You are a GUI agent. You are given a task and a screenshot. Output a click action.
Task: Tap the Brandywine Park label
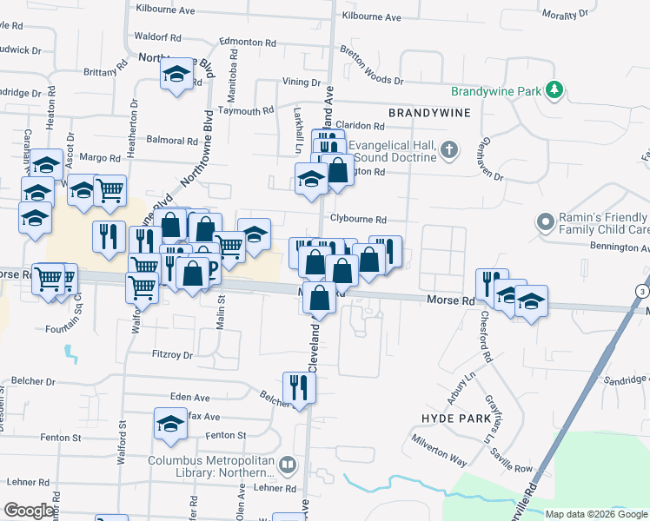tap(496, 90)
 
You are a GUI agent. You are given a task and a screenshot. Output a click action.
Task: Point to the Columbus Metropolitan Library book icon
tap(287, 467)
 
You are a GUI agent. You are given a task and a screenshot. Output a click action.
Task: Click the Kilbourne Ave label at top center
tap(371, 16)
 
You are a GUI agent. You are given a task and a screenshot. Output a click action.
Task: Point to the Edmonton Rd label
tap(247, 41)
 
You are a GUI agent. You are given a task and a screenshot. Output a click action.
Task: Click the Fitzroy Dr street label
tap(171, 354)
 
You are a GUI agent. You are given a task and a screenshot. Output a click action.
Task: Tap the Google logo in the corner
tap(29, 511)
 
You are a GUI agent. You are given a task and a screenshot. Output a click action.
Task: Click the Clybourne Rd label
tap(357, 220)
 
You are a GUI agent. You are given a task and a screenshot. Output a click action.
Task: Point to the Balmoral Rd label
tap(172, 140)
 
